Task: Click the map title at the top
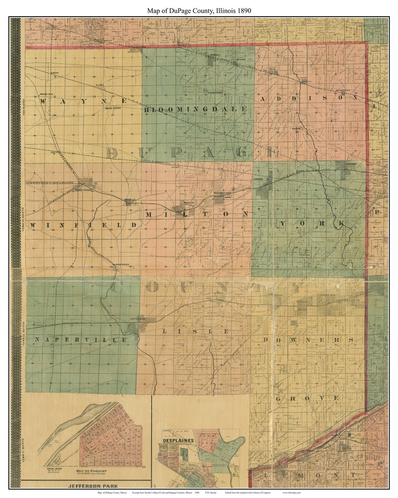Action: pyautogui.click(x=199, y=11)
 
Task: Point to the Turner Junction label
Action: pyautogui.click(x=83, y=190)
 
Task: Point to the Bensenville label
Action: pyautogui.click(x=344, y=91)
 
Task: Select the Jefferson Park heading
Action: pyautogui.click(x=85, y=486)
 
